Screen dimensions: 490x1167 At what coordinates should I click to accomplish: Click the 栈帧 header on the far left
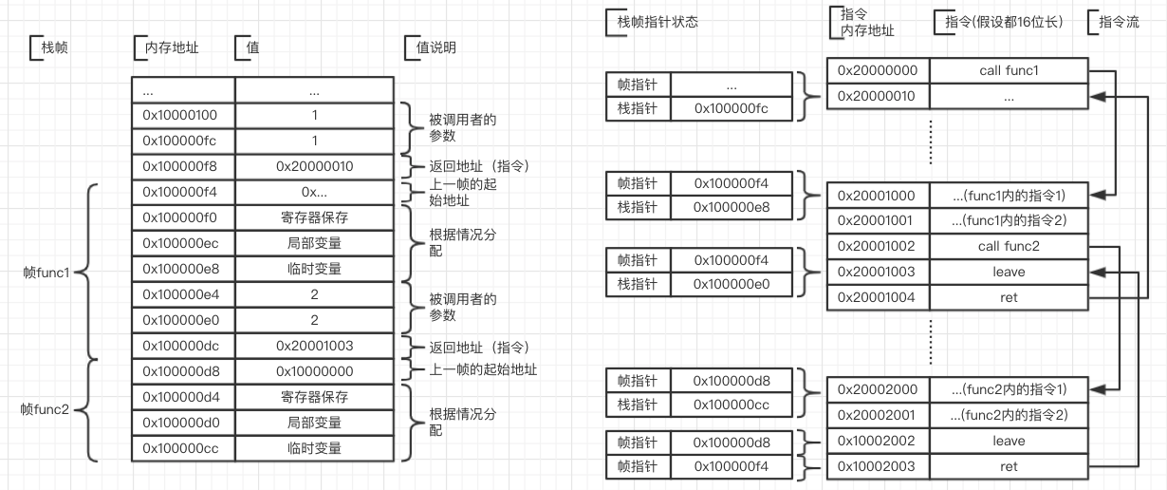(55, 47)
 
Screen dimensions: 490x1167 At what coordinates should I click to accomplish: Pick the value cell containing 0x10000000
(314, 370)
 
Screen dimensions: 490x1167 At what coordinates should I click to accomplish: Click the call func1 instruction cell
(1008, 70)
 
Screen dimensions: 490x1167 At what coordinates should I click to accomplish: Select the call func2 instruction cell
(1008, 246)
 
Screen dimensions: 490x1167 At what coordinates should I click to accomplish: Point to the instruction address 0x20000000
(878, 70)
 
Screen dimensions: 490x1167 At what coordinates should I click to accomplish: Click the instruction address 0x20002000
(878, 389)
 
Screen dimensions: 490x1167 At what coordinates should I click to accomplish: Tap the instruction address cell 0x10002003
(878, 466)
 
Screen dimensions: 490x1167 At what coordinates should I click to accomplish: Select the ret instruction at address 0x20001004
(1008, 297)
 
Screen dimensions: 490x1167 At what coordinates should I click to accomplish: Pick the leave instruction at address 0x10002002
(1008, 441)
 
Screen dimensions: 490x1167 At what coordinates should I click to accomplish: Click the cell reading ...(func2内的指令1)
(1008, 389)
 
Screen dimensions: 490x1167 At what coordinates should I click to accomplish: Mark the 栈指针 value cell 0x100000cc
(730, 405)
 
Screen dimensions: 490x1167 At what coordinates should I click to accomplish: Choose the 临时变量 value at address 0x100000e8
(314, 269)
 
